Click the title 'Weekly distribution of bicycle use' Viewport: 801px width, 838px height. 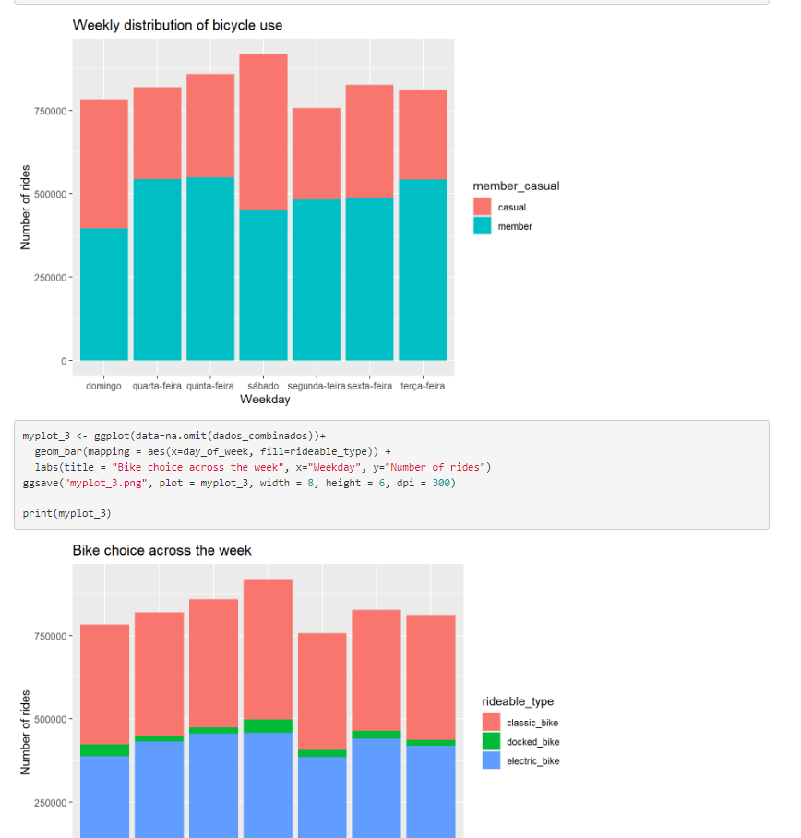[x=177, y=25]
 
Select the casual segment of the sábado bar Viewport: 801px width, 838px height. [x=263, y=132]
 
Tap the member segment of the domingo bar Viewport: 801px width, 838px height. [x=104, y=294]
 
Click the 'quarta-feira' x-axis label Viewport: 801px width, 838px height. [x=157, y=386]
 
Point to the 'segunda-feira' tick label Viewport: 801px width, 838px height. [x=317, y=386]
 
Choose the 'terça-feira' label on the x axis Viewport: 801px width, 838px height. [x=423, y=386]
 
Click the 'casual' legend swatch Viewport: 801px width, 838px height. [x=482, y=207]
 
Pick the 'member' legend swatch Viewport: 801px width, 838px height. [x=482, y=225]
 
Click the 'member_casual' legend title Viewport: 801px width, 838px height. [x=516, y=186]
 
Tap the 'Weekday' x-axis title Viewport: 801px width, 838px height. [x=265, y=400]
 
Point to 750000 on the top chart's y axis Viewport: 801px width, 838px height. [x=50, y=111]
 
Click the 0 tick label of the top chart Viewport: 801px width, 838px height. [x=64, y=361]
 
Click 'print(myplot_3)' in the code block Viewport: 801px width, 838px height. [x=66, y=513]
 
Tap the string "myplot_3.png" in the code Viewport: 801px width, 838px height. [x=106, y=483]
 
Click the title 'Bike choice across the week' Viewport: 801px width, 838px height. [x=161, y=550]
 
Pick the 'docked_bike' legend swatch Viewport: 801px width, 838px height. [x=491, y=741]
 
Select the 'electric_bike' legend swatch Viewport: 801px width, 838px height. [x=491, y=760]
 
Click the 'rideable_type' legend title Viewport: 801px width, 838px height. [x=518, y=701]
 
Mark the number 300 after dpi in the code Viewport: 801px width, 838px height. [x=441, y=483]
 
